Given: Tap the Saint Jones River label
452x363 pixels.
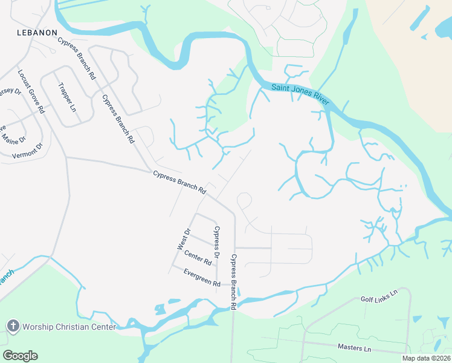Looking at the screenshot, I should pyautogui.click(x=300, y=94).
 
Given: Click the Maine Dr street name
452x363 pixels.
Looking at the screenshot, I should pyautogui.click(x=13, y=139).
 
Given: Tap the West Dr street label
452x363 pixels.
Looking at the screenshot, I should pyautogui.click(x=184, y=239).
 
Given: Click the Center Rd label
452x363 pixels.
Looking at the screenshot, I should pyautogui.click(x=198, y=258).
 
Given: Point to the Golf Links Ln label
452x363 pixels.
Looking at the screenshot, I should pyautogui.click(x=379, y=295).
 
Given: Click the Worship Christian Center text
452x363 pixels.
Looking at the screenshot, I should pyautogui.click(x=69, y=327).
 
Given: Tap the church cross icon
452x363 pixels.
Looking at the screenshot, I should pyautogui.click(x=13, y=326).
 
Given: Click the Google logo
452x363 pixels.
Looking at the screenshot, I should pyautogui.click(x=20, y=356).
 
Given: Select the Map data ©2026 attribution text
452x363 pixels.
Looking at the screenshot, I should pyautogui.click(x=426, y=358).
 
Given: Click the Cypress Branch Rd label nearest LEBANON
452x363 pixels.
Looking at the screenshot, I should pyautogui.click(x=77, y=59).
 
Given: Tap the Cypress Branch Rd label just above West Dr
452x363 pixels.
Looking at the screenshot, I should pyautogui.click(x=179, y=181).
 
